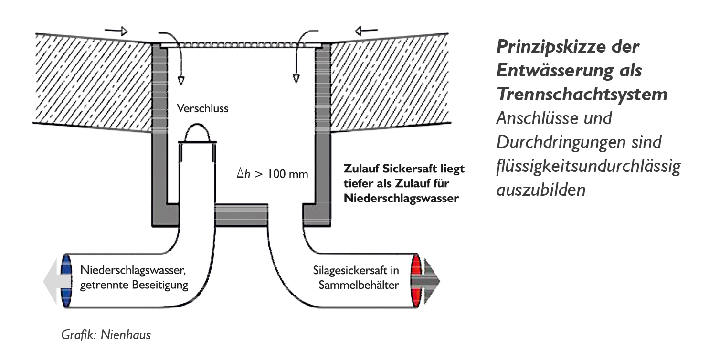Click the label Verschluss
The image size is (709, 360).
[202, 108]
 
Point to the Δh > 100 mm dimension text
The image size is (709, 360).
[272, 174]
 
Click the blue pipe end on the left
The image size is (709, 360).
[66, 281]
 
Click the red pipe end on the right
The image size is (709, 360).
[416, 281]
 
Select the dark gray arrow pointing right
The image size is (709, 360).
[431, 281]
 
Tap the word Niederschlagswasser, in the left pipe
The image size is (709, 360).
[133, 270]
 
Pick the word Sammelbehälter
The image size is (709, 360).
[359, 285]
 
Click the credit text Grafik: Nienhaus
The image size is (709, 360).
[106, 335]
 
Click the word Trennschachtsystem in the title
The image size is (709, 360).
[582, 94]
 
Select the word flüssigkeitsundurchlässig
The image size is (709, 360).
[589, 166]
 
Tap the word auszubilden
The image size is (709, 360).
[541, 190]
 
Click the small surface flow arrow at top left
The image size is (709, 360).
[116, 31]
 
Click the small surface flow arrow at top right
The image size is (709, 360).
[366, 31]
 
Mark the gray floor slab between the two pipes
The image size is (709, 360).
[242, 215]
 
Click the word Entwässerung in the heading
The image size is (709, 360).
[555, 70]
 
